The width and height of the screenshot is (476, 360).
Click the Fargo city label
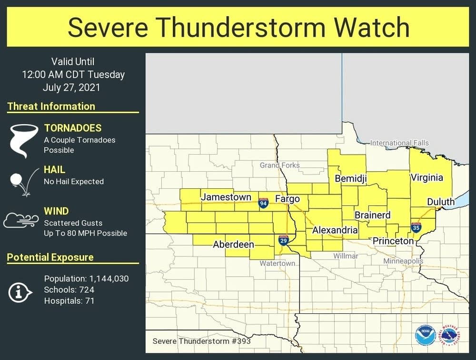pyautogui.click(x=288, y=199)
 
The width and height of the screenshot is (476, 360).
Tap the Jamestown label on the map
pyautogui.click(x=226, y=197)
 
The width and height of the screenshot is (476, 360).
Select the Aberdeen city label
pyautogui.click(x=233, y=244)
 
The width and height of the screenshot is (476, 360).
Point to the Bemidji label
pyautogui.click(x=351, y=179)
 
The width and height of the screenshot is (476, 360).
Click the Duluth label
pyautogui.click(x=440, y=202)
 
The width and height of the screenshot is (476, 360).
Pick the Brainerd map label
pyautogui.click(x=372, y=215)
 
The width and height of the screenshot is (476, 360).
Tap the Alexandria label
pyautogui.click(x=335, y=230)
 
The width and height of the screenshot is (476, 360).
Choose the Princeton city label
pyautogui.click(x=393, y=241)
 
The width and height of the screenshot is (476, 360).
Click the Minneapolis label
pyautogui.click(x=403, y=261)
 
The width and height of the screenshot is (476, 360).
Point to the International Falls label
pyautogui.click(x=399, y=143)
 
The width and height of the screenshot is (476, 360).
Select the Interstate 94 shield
pyautogui.click(x=263, y=204)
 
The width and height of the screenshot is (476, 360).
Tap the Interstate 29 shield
pyautogui.click(x=284, y=240)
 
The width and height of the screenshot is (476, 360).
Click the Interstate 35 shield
pyautogui.click(x=416, y=228)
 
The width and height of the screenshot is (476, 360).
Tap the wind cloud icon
pyautogui.click(x=21, y=220)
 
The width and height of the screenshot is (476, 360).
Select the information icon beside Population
pyautogui.click(x=20, y=292)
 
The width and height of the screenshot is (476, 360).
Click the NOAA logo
pyautogui.click(x=425, y=335)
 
